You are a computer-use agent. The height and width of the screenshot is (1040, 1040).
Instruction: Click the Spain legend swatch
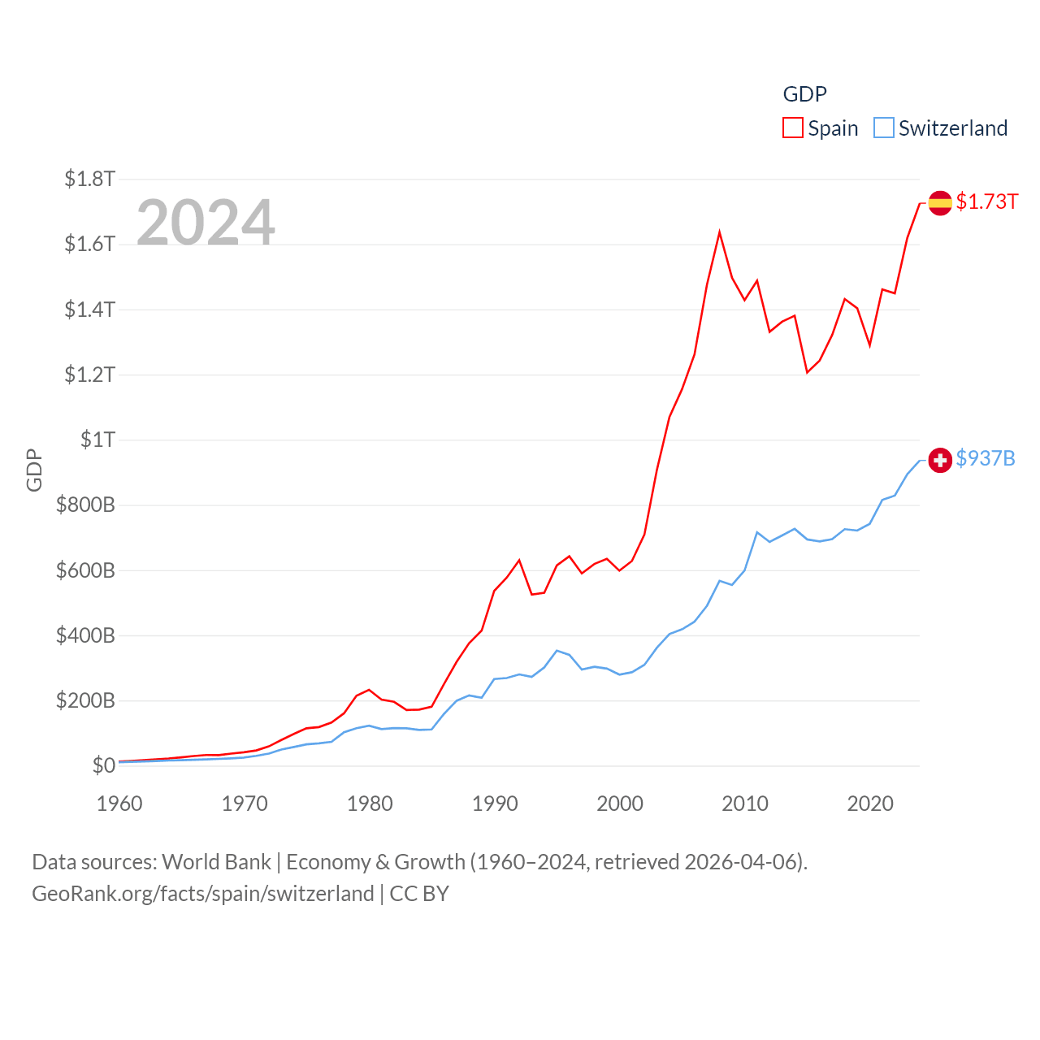[x=793, y=128]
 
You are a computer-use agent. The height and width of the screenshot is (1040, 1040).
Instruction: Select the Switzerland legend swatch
[x=884, y=128]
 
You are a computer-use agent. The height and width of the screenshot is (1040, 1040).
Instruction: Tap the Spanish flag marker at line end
[x=940, y=202]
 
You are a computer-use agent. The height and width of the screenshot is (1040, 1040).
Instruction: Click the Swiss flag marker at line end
[x=940, y=460]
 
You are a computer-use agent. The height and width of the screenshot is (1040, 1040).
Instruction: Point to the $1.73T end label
[x=986, y=201]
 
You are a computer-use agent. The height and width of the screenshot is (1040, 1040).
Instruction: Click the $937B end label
[x=986, y=459]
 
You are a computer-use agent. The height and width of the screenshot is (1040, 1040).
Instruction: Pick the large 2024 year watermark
[x=206, y=223]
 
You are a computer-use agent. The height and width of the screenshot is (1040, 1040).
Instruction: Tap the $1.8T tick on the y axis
[x=89, y=179]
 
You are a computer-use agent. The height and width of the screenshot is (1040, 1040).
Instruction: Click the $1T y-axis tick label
[x=97, y=440]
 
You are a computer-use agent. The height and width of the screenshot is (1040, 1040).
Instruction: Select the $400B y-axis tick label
[x=85, y=635]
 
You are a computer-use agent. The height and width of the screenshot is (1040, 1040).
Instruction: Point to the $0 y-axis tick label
[x=103, y=765]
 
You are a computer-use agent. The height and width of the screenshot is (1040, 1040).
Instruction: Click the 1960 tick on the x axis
[x=119, y=804]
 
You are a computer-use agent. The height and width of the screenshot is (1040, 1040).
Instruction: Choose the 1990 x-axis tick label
[x=495, y=804]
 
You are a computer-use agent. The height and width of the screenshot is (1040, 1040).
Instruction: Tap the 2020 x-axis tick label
[x=870, y=804]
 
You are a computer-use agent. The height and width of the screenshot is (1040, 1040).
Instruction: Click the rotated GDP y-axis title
[x=34, y=470]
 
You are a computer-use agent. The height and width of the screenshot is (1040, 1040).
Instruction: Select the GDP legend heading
[x=804, y=94]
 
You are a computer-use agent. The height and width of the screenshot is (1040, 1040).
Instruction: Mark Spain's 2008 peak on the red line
[x=720, y=232]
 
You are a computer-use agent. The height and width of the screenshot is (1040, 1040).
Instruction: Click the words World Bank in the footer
[x=216, y=862]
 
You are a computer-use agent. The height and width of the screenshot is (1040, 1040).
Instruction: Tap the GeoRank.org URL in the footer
[x=202, y=894]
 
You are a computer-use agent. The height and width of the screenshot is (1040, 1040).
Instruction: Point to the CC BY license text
[x=419, y=894]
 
